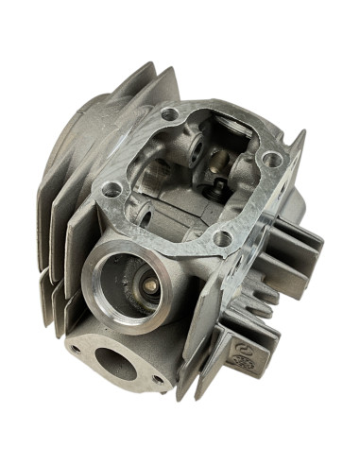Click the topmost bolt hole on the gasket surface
(x=171, y=114)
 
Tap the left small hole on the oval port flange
(x=77, y=349)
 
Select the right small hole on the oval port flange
(x=156, y=381)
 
